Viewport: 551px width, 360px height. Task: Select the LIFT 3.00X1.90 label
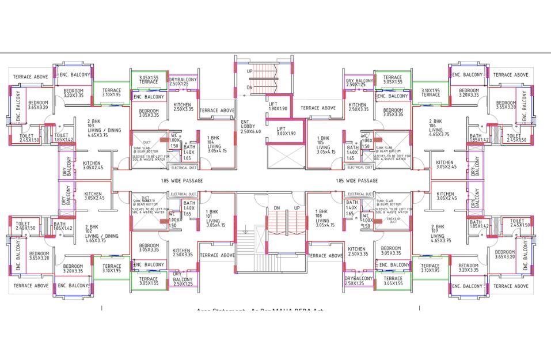coord(281,131)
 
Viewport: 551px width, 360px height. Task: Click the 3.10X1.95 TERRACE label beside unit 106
coord(430,92)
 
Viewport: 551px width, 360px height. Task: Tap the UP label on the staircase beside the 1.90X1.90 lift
coord(250,71)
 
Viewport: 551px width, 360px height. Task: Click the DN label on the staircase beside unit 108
coord(277,208)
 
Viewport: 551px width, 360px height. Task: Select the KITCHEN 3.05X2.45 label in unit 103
coord(93,165)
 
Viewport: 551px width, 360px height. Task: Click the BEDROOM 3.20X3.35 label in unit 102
coord(73,268)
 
